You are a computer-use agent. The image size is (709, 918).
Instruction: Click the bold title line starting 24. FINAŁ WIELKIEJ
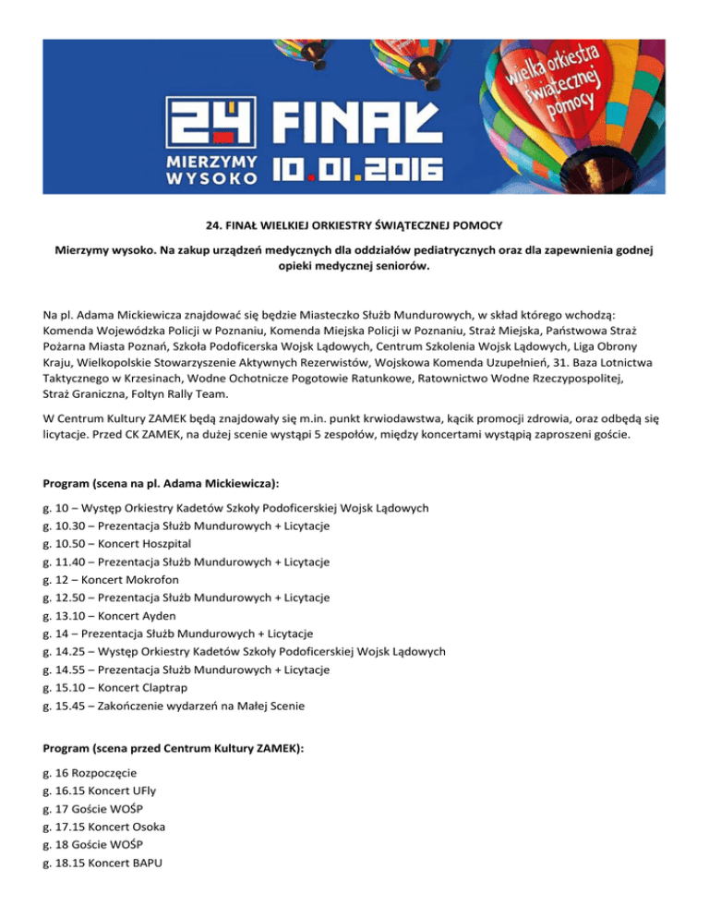tap(354, 223)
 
